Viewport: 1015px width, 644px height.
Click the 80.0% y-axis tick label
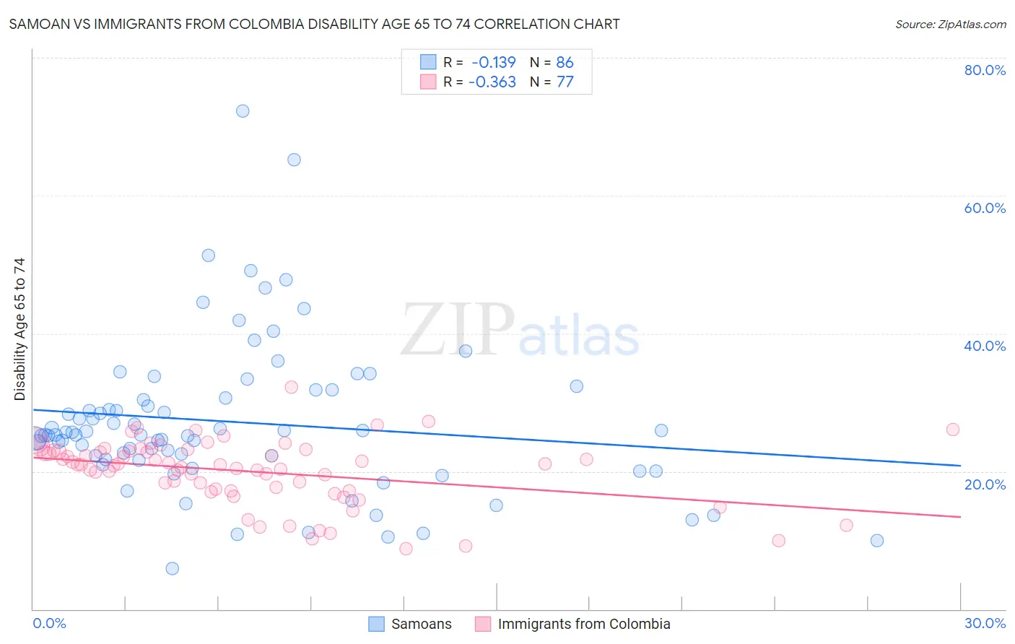985,70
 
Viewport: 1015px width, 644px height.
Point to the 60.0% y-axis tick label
985,208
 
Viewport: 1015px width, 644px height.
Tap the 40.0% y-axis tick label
985,346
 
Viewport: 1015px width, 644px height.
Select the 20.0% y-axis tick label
985,484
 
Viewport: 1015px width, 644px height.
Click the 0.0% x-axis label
49,623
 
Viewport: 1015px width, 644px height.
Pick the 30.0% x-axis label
985,623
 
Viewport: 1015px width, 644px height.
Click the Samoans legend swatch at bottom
376,624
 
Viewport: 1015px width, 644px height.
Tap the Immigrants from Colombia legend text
584,624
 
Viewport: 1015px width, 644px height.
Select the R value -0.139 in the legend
494,62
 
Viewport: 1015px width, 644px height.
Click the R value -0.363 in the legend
492,82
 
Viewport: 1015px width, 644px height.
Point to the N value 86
565,62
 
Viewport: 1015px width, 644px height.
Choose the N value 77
565,82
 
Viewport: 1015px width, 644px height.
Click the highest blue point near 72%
243,110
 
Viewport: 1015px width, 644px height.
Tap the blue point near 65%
294,160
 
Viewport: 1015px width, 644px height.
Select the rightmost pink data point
953,430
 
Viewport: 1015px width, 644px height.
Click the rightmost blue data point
877,541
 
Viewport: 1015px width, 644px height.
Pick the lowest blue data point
172,568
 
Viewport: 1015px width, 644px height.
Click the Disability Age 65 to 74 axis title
19,329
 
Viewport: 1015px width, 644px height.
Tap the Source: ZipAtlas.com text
951,25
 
